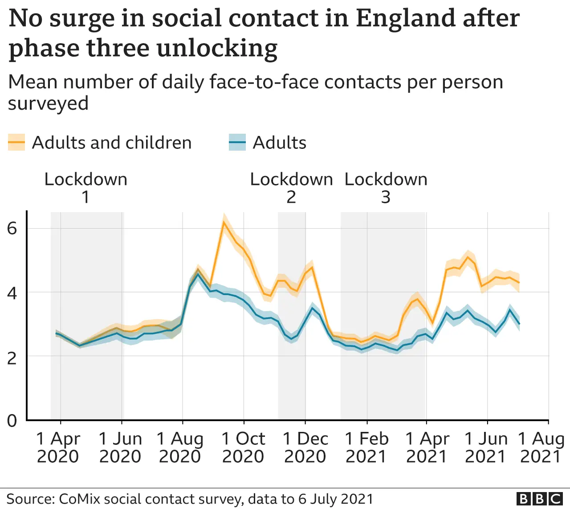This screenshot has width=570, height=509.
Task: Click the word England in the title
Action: pyautogui.click(x=405, y=19)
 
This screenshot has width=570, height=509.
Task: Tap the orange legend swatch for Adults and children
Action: pyautogui.click(x=16, y=143)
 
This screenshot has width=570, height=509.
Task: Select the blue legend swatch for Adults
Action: pyautogui.click(x=237, y=143)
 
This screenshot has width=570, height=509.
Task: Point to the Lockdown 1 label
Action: pyautogui.click(x=85, y=188)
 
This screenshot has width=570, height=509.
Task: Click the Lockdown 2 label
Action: pyautogui.click(x=291, y=188)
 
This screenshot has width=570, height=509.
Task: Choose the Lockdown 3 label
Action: pyautogui.click(x=386, y=188)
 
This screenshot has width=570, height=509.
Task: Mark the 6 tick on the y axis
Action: pyautogui.click(x=12, y=229)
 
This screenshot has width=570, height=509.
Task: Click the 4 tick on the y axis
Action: pyautogui.click(x=12, y=293)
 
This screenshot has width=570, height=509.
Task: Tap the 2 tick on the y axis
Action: pyautogui.click(x=12, y=357)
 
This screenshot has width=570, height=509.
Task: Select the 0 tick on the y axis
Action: pyautogui.click(x=12, y=420)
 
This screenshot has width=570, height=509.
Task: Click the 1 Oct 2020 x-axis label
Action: pyautogui.click(x=243, y=447)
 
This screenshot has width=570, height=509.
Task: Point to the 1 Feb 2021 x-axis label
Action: pyautogui.click(x=366, y=447)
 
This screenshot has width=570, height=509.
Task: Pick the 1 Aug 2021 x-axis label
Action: pyautogui.click(x=541, y=447)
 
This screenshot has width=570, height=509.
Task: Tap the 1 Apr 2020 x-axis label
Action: pyautogui.click(x=58, y=447)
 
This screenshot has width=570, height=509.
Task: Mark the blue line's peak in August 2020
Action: pyautogui.click(x=198, y=274)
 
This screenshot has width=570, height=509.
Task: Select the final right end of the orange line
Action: pyautogui.click(x=519, y=283)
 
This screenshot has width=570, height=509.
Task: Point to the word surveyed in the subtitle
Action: pyautogui.click(x=48, y=103)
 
